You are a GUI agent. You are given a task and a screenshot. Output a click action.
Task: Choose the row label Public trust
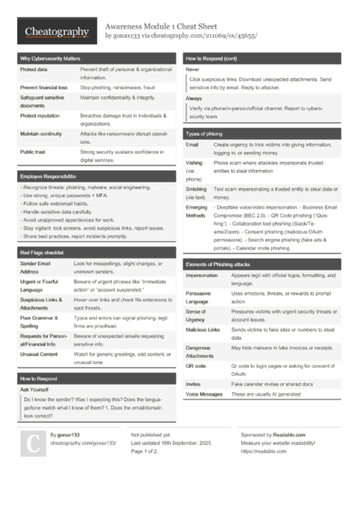[x=32, y=154]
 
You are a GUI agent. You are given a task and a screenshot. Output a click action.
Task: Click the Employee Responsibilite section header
[x=53, y=175]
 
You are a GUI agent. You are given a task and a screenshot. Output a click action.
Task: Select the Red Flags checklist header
[x=41, y=254]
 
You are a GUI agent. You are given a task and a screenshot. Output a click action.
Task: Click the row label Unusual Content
[x=39, y=354]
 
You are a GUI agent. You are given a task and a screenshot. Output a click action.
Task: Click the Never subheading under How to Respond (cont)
[x=192, y=68]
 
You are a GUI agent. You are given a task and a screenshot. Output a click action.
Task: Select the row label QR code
[x=195, y=366]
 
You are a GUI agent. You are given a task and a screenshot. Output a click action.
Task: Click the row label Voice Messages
[x=205, y=394]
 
